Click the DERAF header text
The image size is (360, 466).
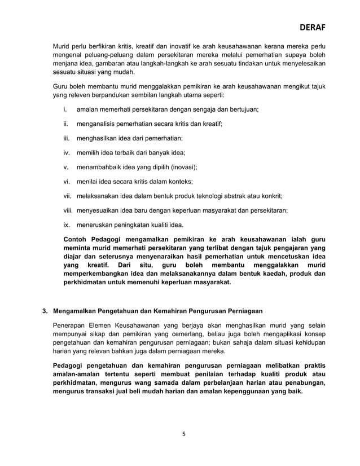[312, 27]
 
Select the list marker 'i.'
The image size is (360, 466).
[65, 108]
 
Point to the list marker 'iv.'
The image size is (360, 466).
[66, 152]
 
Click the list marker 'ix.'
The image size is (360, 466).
[66, 225]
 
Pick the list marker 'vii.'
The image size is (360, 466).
[67, 196]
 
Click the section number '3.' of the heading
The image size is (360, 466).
[46, 311]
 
